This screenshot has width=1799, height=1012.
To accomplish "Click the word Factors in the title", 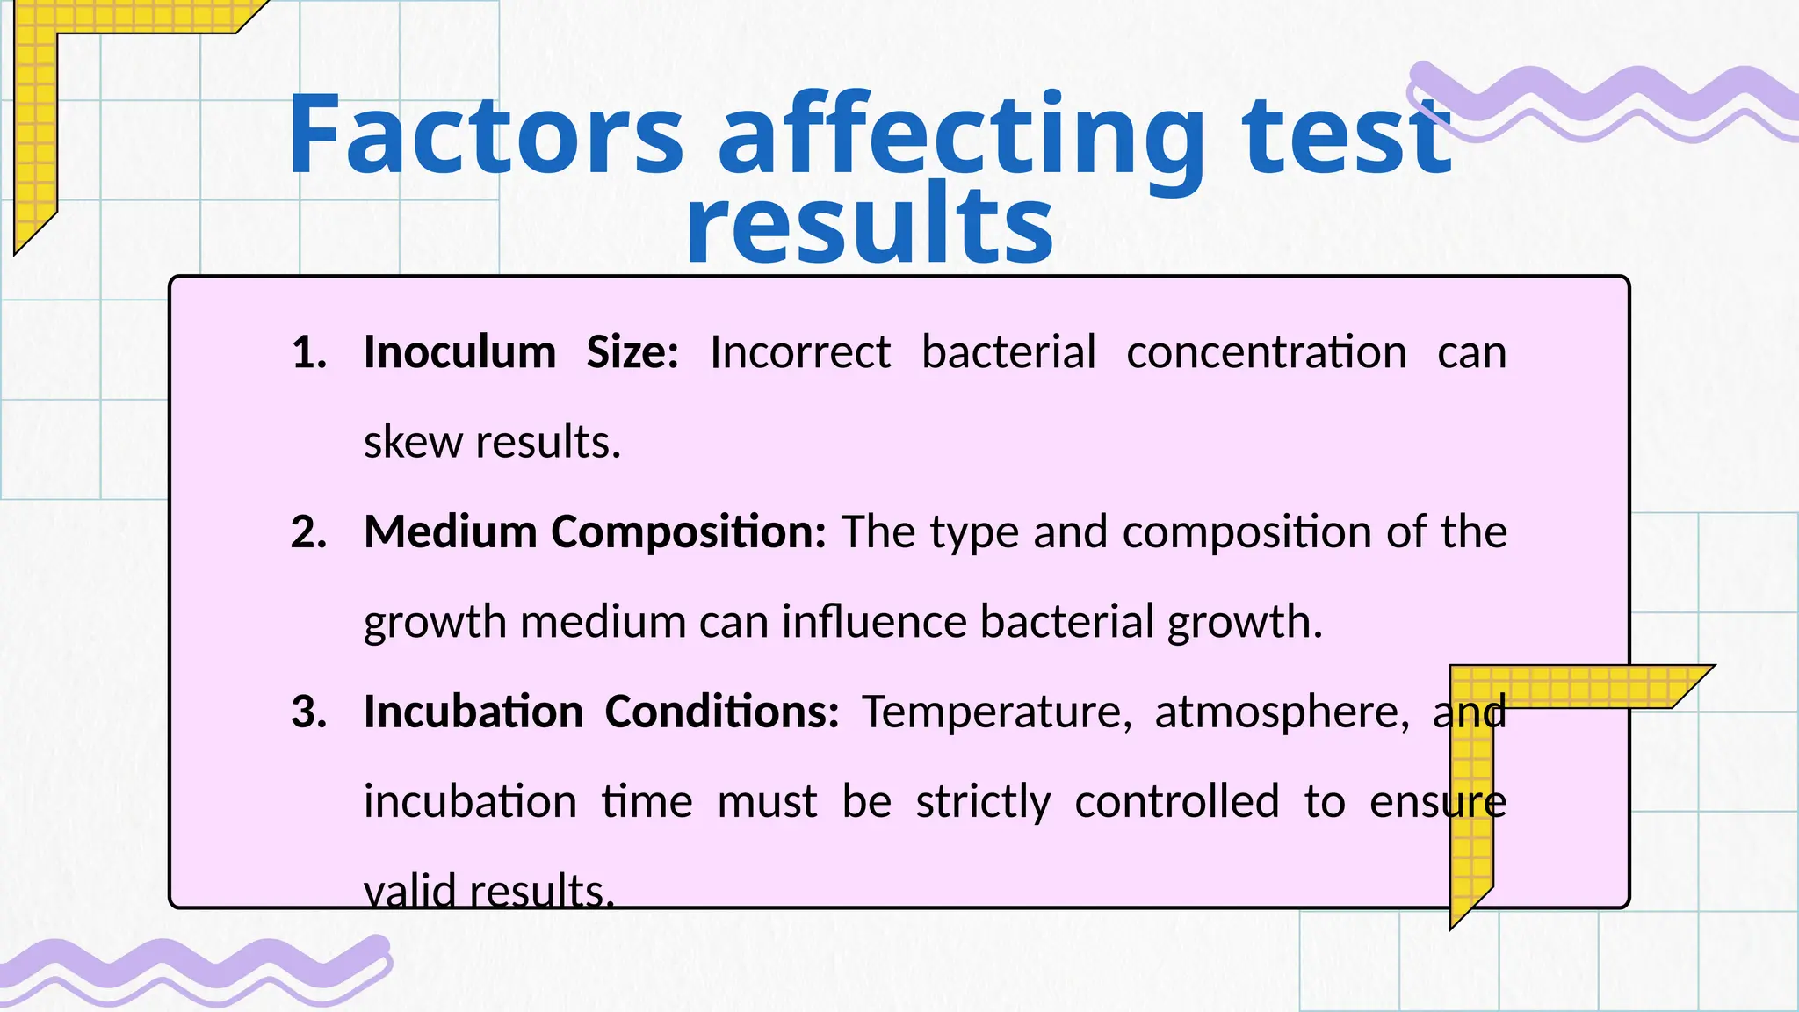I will point(485,134).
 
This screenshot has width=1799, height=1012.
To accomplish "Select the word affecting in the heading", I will point(961,139).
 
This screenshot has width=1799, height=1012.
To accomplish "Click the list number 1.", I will point(308,352).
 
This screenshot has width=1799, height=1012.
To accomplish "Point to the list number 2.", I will point(308,532).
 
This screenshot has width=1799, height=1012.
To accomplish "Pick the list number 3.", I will point(308,712).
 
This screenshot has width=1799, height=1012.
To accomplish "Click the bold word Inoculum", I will point(459,352).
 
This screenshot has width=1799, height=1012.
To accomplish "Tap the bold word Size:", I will point(632,352).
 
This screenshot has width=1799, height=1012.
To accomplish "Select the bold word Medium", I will point(450,532).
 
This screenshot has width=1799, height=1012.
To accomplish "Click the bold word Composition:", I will point(688,532).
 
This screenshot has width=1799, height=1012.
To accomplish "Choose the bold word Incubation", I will point(473,712).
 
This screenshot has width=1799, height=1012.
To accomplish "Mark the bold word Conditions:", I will point(722,712).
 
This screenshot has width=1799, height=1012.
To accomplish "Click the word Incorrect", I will point(800,352).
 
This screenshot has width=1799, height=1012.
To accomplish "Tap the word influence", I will point(874,622).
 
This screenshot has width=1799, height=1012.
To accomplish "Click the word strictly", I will point(983,802).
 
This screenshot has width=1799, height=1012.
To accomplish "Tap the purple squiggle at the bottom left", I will point(193,968).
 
